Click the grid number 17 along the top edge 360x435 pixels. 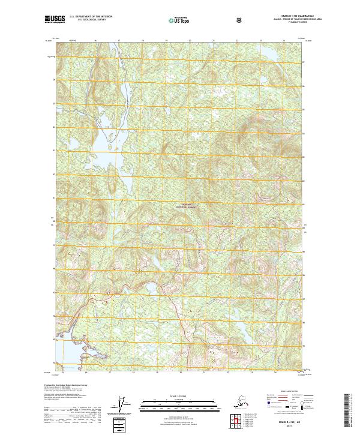119,40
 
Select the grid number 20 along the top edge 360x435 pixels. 190,40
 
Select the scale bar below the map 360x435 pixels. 179,401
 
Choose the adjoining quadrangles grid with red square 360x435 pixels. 233,420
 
